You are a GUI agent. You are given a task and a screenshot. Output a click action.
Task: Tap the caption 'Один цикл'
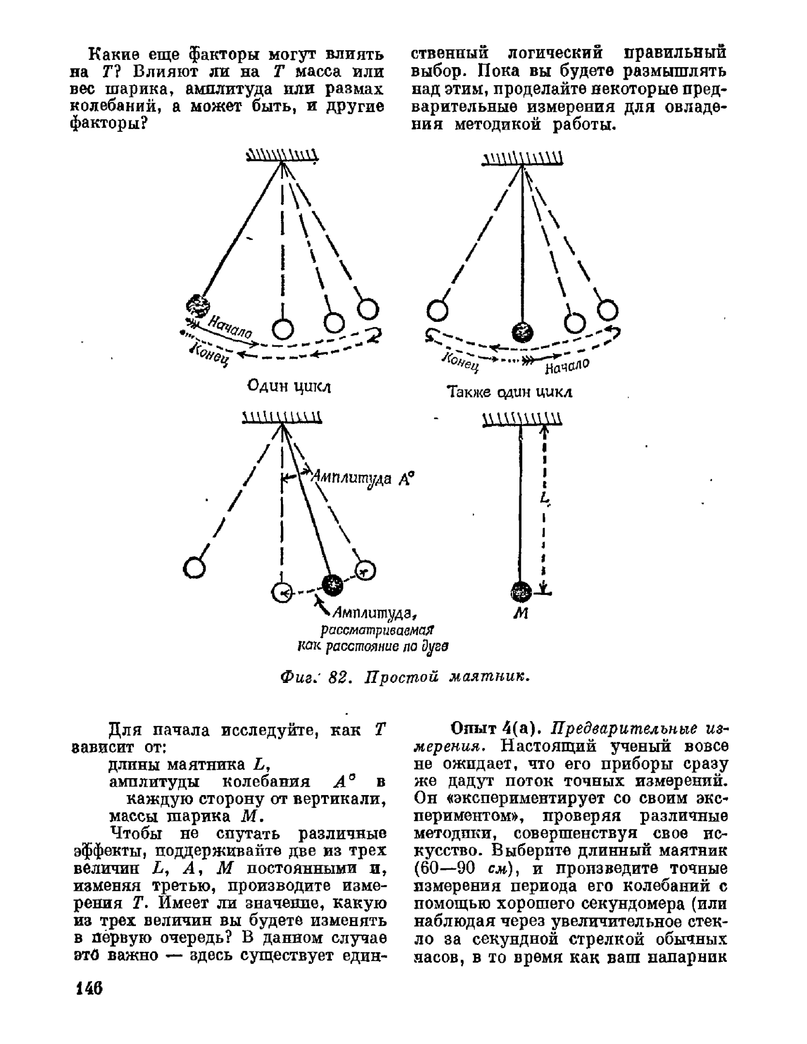pyautogui.click(x=289, y=387)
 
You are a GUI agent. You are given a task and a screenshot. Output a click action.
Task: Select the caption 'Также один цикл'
pyautogui.click(x=510, y=392)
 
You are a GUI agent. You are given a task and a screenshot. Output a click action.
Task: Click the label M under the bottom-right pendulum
pyautogui.click(x=521, y=613)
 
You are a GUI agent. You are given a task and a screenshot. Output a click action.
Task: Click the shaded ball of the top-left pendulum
pyautogui.click(x=198, y=304)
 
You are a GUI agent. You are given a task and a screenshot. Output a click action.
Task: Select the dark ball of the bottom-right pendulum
pyautogui.click(x=521, y=591)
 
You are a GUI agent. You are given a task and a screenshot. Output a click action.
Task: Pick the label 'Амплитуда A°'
pyautogui.click(x=362, y=478)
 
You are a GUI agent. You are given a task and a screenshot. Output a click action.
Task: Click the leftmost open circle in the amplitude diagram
pyautogui.click(x=194, y=567)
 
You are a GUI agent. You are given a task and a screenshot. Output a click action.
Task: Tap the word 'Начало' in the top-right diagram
pyautogui.click(x=567, y=365)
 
